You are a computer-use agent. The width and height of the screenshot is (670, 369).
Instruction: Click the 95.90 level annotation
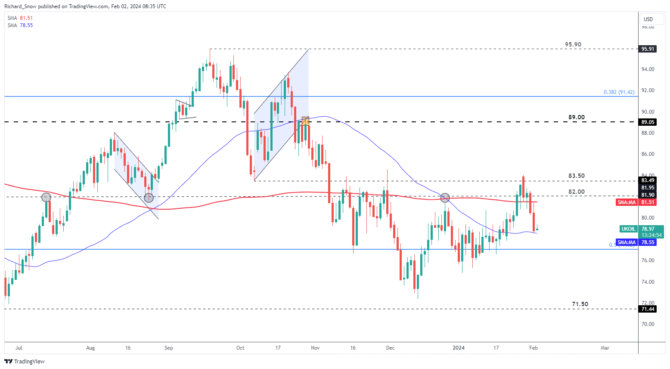tap(573, 45)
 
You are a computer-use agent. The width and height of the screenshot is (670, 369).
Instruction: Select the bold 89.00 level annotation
tap(576, 118)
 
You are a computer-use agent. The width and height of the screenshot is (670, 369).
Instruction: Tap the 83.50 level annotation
tap(576, 176)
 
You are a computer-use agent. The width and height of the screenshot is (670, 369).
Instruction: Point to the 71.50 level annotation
tap(580, 304)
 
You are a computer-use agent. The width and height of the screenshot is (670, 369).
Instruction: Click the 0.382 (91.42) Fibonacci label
tap(619, 92)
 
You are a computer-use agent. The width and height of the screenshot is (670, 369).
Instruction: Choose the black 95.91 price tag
tap(648, 49)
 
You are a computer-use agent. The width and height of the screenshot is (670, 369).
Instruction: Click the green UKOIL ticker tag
tap(628, 229)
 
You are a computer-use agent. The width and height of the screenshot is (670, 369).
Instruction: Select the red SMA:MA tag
tap(627, 202)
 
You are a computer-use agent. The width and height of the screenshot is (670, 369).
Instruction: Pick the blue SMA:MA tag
tap(627, 243)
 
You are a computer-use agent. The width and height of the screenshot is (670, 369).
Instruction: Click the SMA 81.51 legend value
tap(26, 18)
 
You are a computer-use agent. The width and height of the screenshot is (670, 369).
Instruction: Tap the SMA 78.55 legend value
tap(26, 25)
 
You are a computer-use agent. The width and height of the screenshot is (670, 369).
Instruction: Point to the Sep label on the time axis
tap(169, 348)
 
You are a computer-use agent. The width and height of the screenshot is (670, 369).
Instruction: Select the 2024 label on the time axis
tap(459, 348)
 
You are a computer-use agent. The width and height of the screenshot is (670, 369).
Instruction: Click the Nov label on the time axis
tap(315, 348)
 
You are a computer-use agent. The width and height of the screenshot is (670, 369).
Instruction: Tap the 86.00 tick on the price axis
tap(648, 154)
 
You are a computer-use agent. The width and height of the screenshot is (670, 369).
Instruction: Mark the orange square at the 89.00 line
tap(305, 121)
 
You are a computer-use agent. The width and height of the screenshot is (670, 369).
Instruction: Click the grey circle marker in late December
tap(445, 198)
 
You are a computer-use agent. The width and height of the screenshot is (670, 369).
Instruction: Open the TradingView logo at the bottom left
tap(25, 362)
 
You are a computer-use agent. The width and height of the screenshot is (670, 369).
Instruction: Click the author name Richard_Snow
tap(20, 6)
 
